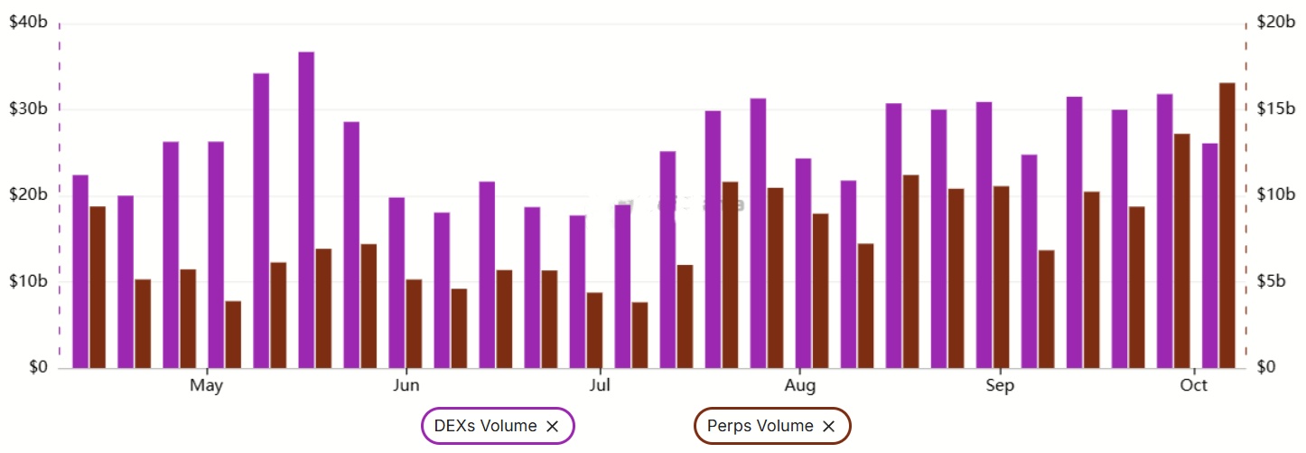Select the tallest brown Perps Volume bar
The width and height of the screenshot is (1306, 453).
point(1227,226)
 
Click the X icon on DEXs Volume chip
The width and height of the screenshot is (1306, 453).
point(553,427)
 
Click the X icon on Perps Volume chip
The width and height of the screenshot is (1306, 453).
point(828,427)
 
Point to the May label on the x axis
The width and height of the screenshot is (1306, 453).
point(207,386)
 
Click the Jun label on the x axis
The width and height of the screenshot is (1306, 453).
point(406,386)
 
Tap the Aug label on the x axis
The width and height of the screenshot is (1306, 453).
point(799,386)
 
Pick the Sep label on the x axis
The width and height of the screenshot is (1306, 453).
point(1000,386)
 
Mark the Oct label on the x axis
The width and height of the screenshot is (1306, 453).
point(1194,386)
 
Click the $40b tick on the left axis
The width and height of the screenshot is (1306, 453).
point(28,23)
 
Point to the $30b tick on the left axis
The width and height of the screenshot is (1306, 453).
point(28,109)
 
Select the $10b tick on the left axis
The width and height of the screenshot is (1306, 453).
point(28,282)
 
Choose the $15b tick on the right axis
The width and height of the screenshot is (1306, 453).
point(1276,109)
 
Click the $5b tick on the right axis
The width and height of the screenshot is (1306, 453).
point(1273,282)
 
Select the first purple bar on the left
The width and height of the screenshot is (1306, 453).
point(80,271)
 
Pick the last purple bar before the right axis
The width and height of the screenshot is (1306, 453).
point(1210,256)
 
